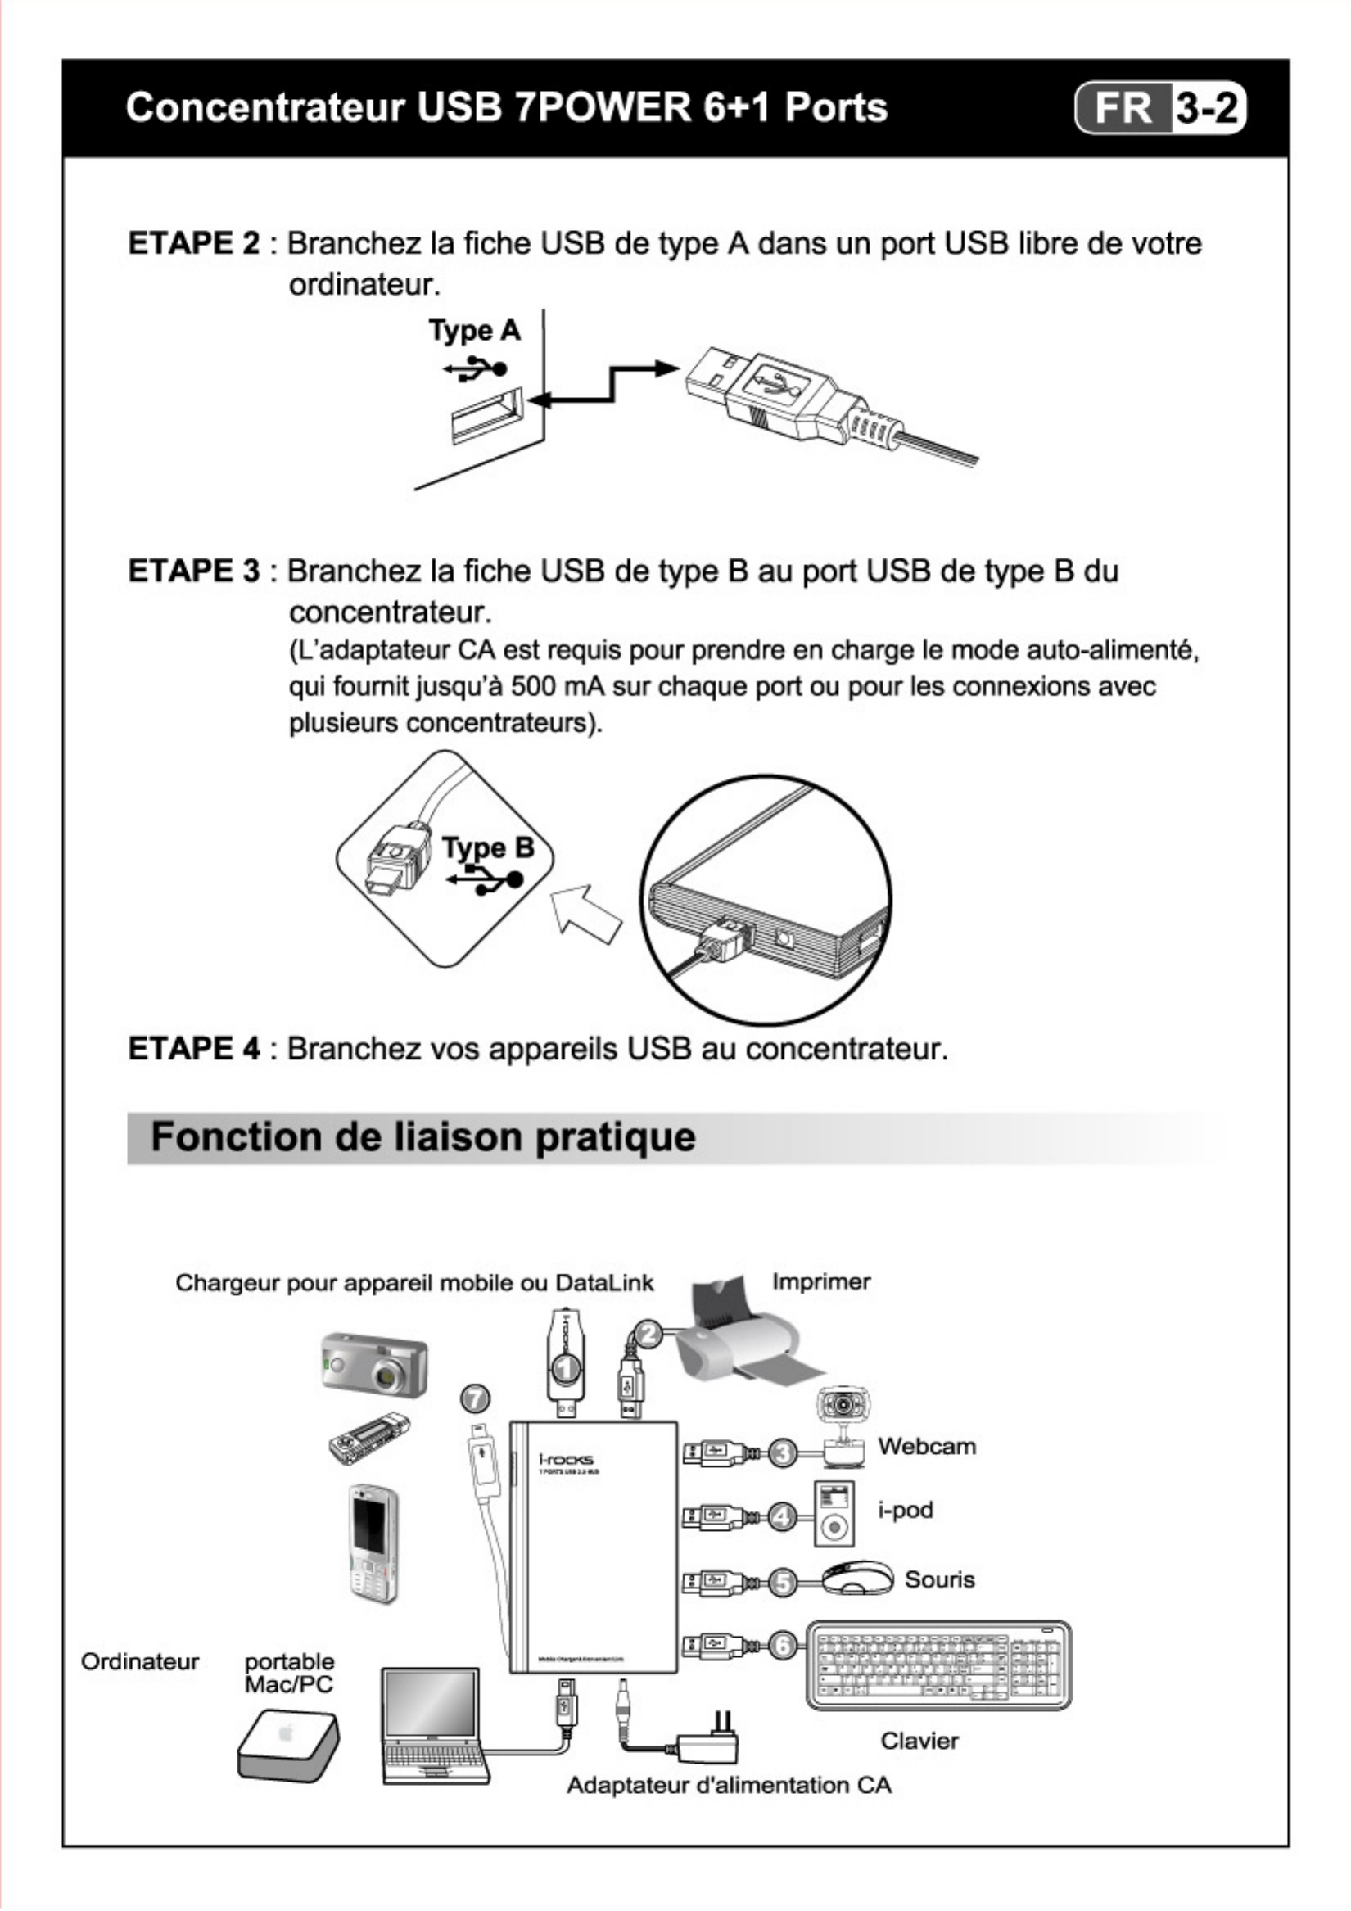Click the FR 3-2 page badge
coord(1159,108)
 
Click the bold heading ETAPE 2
coord(193,243)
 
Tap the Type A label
coord(474,331)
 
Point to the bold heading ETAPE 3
coord(193,571)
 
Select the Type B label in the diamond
coord(488,847)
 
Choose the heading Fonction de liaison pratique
coord(422,1136)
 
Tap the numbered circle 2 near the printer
coord(648,1335)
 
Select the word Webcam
coord(927,1446)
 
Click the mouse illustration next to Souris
coord(857,1578)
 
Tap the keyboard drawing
coord(938,1665)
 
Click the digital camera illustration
coord(374,1365)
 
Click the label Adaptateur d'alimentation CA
coord(729,1786)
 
